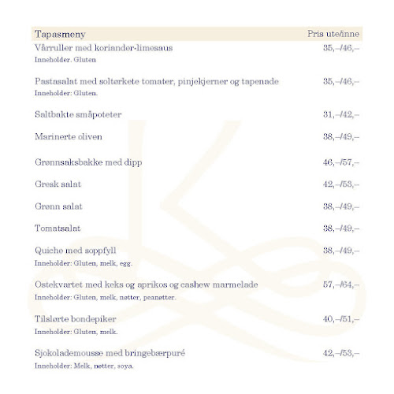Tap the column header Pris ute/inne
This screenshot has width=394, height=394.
pyautogui.click(x=333, y=35)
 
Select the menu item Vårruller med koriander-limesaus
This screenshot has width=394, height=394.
pyautogui.click(x=104, y=49)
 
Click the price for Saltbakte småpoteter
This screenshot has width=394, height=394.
pyautogui.click(x=340, y=114)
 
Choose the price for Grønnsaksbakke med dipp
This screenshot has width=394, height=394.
pyautogui.click(x=340, y=162)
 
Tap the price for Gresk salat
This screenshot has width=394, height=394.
pyautogui.click(x=340, y=184)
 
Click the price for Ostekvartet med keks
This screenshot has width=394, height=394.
pyautogui.click(x=340, y=284)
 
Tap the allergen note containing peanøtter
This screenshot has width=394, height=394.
pyautogui.click(x=106, y=298)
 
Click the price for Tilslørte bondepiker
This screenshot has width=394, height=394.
pyautogui.click(x=340, y=319)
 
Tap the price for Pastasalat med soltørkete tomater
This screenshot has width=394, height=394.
pyautogui.click(x=340, y=81)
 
